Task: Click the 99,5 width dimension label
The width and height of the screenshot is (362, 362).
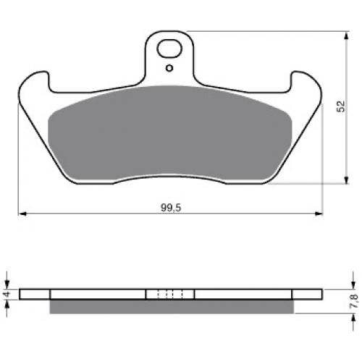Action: [171, 208]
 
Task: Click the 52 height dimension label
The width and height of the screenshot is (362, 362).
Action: [341, 106]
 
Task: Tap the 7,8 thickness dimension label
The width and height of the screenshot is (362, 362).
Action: [354, 301]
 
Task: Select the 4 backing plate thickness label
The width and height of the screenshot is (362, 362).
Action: [7, 294]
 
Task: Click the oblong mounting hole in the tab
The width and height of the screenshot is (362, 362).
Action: [169, 49]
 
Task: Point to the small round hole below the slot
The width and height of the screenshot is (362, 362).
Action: [169, 68]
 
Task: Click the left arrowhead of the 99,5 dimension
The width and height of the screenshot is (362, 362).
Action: [22, 214]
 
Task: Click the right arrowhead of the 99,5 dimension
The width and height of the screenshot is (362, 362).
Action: [319, 214]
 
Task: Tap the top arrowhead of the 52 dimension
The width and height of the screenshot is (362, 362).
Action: [346, 35]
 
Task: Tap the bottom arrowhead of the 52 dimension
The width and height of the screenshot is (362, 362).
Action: [346, 180]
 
